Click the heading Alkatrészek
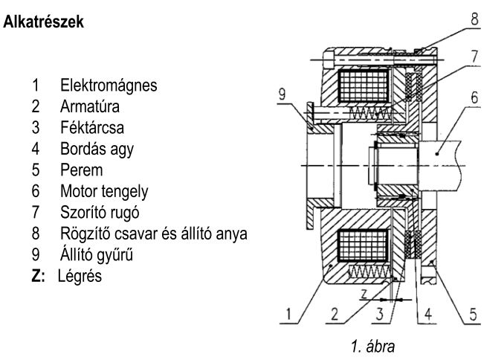(x=44, y=23)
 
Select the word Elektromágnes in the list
(x=109, y=86)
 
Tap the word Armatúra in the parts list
(x=91, y=106)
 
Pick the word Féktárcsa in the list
(x=94, y=127)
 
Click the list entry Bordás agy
(x=97, y=148)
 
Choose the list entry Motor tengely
(x=104, y=190)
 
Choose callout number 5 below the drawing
(x=474, y=315)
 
